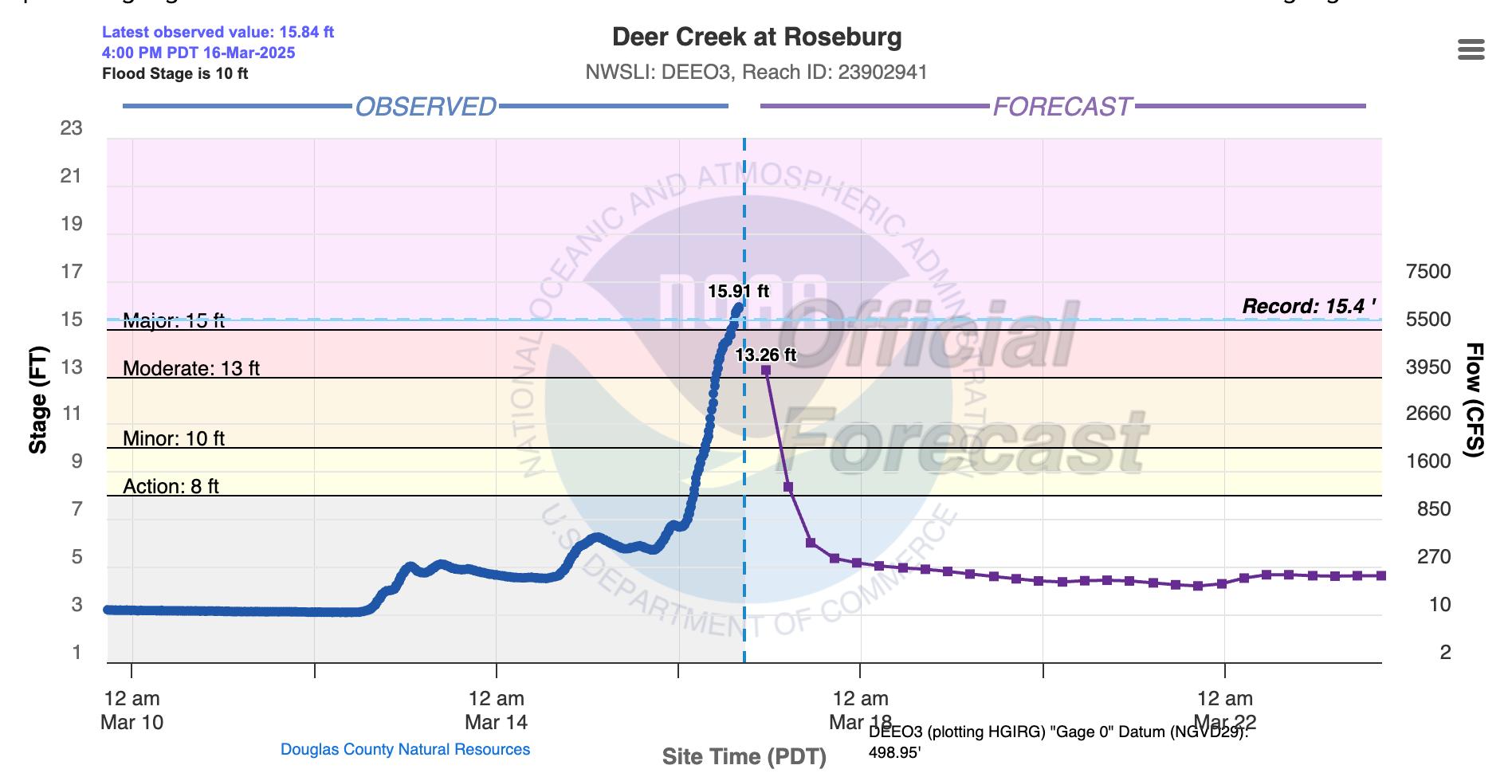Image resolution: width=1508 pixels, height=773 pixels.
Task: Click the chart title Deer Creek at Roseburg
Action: click(x=756, y=37)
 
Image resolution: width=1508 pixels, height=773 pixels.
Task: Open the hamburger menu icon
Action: click(x=1471, y=50)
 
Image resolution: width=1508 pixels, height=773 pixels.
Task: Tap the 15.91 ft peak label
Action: click(x=738, y=291)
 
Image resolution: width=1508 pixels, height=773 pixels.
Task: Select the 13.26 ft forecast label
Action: click(x=765, y=355)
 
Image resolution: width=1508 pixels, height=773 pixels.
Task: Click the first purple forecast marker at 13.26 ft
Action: click(x=766, y=370)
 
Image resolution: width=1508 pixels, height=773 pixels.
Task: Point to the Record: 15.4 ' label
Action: click(x=1309, y=306)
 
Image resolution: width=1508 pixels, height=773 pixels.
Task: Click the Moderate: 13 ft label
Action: click(x=191, y=368)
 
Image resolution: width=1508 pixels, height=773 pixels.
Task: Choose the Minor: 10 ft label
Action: click(x=174, y=438)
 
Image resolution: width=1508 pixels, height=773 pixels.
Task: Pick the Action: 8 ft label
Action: click(x=171, y=486)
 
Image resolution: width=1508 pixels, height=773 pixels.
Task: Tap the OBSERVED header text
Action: click(x=426, y=107)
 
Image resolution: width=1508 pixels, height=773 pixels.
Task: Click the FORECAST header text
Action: click(x=1062, y=107)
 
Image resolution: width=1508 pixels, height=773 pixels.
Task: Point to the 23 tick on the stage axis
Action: click(x=72, y=128)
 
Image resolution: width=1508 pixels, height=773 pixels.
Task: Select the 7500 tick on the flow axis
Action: click(x=1428, y=271)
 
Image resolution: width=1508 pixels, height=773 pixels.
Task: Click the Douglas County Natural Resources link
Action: click(x=405, y=749)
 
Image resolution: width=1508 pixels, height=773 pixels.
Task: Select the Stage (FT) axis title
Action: click(x=37, y=400)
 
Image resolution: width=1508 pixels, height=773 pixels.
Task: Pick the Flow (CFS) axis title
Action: click(x=1475, y=400)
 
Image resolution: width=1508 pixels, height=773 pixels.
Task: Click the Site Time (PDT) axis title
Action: click(x=744, y=756)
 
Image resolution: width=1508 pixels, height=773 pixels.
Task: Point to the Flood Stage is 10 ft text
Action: click(x=175, y=74)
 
